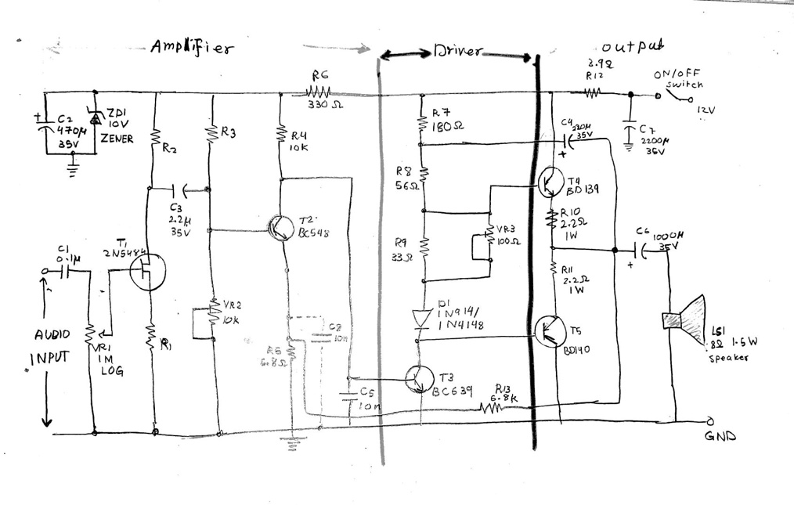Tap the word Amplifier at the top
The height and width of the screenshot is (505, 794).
tap(192, 49)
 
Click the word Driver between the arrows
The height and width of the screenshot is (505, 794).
tap(458, 53)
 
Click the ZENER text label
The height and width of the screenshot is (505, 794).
tap(116, 139)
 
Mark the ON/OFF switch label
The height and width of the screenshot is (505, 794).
tap(678, 78)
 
